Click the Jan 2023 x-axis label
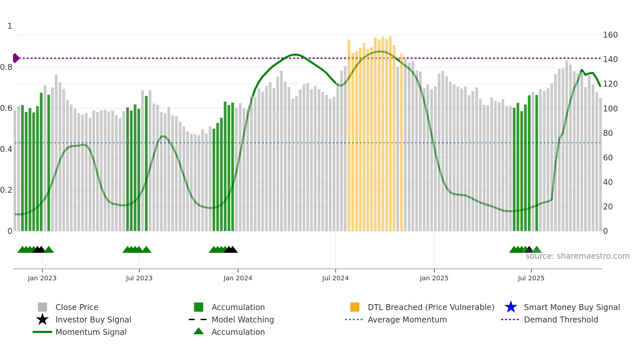42,278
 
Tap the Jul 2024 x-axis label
335,278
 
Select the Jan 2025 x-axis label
434,278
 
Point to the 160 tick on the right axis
610,35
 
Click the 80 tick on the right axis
608,133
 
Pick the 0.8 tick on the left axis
6,67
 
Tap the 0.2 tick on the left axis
6,190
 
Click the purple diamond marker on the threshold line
16,58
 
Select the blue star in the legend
511,307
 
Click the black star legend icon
42,319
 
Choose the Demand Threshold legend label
561,319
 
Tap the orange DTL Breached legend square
355,307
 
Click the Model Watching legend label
243,319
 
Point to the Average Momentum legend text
407,319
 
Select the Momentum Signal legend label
91,332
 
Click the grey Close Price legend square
42,307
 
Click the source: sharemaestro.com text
577,256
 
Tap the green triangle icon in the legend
199,331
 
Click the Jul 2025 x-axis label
531,278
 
